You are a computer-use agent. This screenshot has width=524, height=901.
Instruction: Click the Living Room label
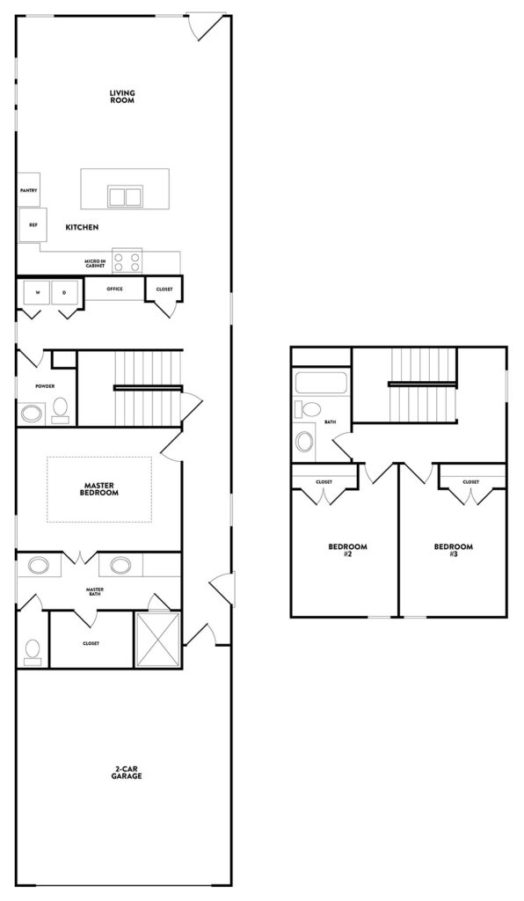point(122,96)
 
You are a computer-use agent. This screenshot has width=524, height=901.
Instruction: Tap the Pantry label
point(28,190)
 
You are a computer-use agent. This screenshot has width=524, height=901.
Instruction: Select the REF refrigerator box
point(32,224)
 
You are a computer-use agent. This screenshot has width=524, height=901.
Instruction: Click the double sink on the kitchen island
point(125,195)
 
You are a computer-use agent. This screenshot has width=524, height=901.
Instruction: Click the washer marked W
point(37,292)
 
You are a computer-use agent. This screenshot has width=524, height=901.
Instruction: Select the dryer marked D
point(64,292)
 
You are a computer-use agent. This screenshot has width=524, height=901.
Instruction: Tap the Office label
point(113,289)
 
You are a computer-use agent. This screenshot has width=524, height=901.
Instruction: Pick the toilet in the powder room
point(60,410)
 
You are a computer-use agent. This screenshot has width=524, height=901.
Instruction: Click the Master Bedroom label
point(101,488)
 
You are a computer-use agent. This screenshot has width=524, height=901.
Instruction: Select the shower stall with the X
point(158,640)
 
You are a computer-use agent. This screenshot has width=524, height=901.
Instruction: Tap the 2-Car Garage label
point(127,774)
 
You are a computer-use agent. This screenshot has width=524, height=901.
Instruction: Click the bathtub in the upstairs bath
point(322,383)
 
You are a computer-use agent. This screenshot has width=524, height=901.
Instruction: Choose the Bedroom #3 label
point(453,550)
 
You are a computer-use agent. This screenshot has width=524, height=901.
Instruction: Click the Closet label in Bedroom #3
point(471,482)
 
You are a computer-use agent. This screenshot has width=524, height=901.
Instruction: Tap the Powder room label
point(45,386)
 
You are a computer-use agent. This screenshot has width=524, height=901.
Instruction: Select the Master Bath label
point(96,593)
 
